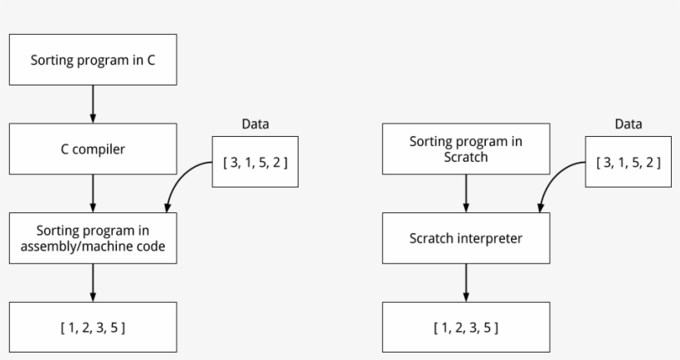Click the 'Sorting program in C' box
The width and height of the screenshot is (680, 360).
[92, 60]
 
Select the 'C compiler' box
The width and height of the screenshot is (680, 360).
[92, 149]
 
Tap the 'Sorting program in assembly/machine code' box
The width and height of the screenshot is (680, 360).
[92, 238]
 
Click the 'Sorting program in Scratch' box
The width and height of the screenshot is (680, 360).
[465, 149]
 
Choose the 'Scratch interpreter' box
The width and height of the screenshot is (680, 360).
[465, 238]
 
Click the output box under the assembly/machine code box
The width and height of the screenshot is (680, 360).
[92, 328]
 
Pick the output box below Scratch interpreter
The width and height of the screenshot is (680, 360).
[465, 328]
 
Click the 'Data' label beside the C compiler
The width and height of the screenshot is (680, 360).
[255, 124]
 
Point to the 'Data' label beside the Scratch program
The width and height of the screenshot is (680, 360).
[628, 124]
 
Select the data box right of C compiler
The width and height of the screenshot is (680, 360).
[255, 162]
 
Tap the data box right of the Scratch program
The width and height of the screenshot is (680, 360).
[629, 162]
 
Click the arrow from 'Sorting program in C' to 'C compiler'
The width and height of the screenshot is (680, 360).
[92, 104]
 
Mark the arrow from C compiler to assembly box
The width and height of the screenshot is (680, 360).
[92, 193]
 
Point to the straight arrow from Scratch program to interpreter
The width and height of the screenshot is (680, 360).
[465, 193]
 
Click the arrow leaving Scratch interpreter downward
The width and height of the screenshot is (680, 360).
[465, 283]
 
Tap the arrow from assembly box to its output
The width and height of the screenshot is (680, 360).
[92, 283]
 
